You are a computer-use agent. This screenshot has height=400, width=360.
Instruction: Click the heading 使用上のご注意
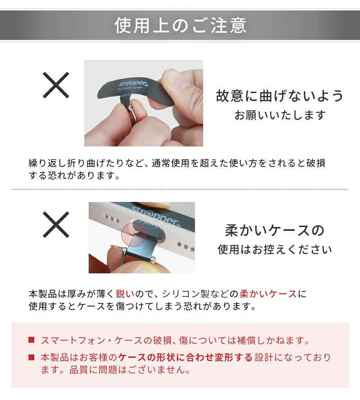tap(180, 25)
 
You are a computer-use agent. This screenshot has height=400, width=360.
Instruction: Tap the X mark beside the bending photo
tap(56, 85)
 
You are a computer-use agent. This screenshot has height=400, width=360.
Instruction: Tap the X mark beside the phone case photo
tap(56, 225)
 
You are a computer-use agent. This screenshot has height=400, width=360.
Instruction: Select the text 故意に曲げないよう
tap(279, 96)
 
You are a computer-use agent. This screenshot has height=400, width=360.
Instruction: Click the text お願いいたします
tap(280, 115)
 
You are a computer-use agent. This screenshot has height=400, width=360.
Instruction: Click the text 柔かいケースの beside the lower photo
tap(274, 230)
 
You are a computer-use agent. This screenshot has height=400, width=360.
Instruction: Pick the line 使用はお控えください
tap(274, 249)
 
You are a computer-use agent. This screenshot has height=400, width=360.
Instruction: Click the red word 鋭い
tap(125, 294)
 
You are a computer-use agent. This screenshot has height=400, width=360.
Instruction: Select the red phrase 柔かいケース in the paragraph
tap(268, 294)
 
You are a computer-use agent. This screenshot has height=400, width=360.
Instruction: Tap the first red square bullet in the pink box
tap(31, 340)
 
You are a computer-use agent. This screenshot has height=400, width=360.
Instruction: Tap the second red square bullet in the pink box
tap(31, 357)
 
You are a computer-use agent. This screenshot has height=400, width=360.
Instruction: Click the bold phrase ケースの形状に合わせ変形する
tap(185, 357)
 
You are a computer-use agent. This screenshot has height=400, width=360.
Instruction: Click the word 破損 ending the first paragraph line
tap(316, 163)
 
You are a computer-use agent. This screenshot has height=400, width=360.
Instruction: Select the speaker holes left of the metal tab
tap(112, 219)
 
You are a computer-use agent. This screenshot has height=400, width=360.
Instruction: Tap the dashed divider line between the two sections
tap(180, 189)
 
